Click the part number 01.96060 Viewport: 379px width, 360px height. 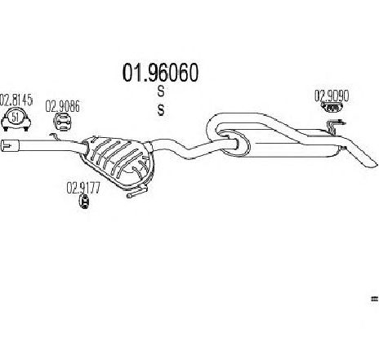160,73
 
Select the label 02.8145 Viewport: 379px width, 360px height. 16,100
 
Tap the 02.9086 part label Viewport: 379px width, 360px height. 62,106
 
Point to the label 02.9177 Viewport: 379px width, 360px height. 83,188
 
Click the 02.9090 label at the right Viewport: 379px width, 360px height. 332,96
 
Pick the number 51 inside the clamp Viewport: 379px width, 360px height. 16,118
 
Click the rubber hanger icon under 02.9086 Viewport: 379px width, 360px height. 62,122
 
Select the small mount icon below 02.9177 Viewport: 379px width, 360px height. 84,202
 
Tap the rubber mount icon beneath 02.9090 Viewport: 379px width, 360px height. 332,107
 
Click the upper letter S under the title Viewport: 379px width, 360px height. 161,91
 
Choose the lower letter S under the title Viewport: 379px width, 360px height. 161,110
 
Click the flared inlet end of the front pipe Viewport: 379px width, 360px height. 10,144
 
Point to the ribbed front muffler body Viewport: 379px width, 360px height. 118,158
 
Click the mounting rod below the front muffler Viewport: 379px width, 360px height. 137,191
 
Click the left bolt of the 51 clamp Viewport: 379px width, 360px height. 5,128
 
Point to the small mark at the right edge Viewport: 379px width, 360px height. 375,299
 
